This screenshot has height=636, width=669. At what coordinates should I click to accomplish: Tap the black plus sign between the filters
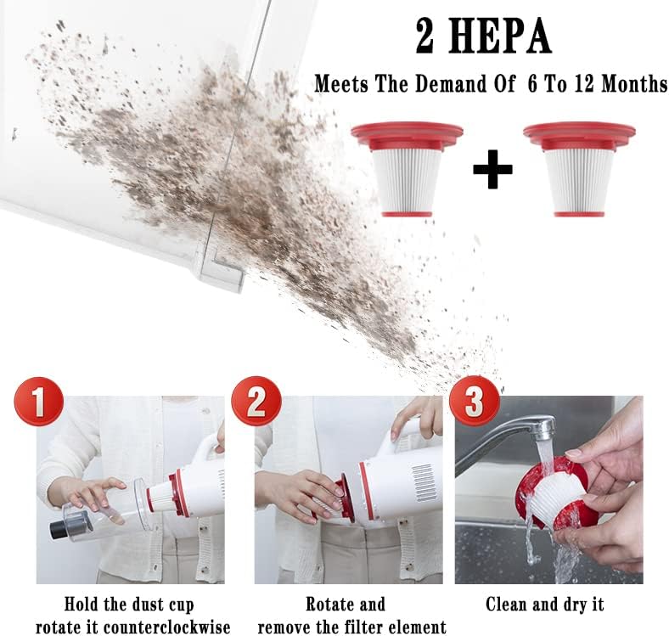pos(492,170)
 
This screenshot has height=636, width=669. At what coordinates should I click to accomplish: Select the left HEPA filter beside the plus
pos(407,169)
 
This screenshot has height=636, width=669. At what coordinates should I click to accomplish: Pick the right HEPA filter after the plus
pos(579,169)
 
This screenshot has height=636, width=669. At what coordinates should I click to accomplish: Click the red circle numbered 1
pos(39,402)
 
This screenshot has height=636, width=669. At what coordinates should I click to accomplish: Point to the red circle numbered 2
pos(256,402)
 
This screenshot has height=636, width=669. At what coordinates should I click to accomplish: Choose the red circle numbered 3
pos(474,402)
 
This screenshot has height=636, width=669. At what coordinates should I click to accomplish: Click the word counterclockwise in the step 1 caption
pos(166,627)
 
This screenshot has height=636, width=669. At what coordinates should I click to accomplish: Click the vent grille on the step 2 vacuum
pos(424,483)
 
